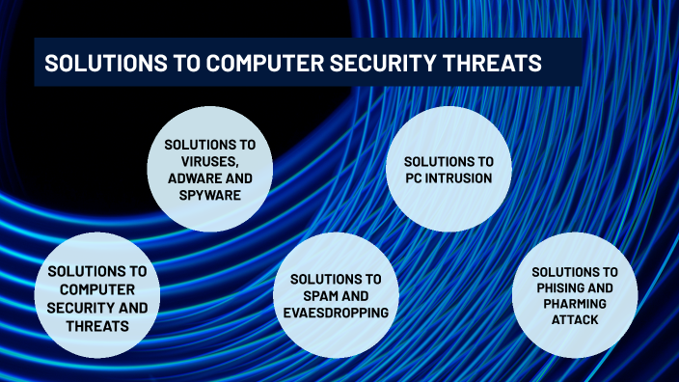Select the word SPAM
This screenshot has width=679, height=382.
click(320, 296)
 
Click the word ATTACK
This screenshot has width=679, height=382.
click(575, 321)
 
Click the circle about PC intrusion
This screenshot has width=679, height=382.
click(448, 169)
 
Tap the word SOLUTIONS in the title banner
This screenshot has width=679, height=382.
click(95, 63)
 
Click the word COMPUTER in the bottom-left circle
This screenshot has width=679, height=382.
click(96, 289)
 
